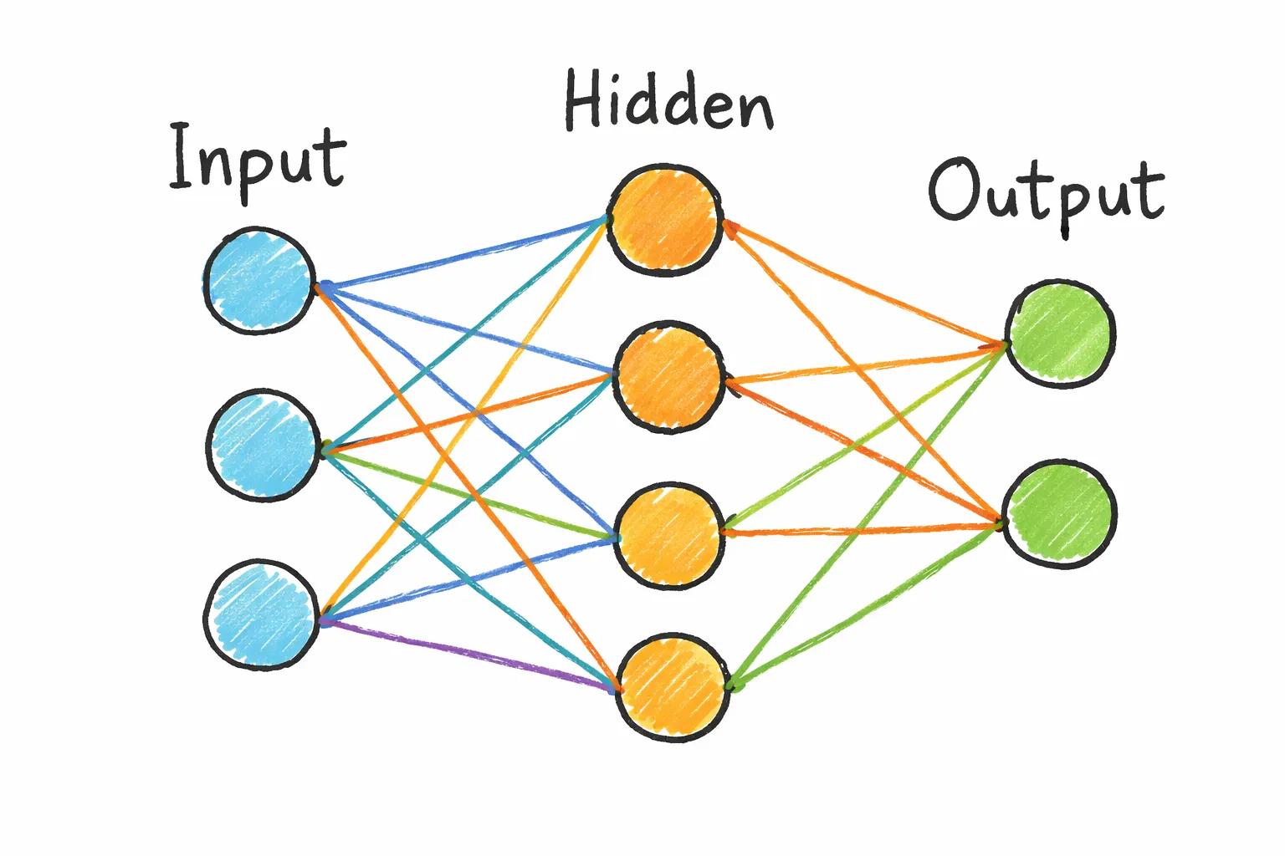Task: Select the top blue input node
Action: [x=259, y=281]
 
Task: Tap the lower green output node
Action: [x=1060, y=513]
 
